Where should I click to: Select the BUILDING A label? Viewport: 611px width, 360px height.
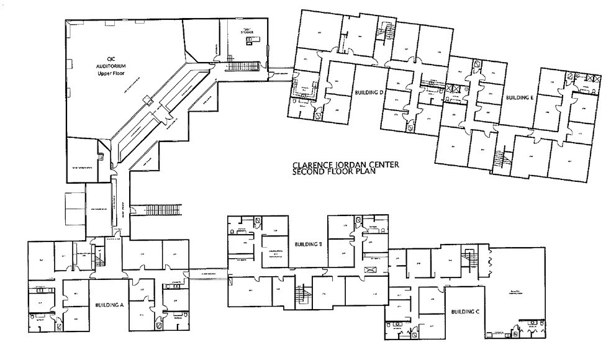[x=111, y=305]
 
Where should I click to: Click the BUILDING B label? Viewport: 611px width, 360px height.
[x=307, y=244]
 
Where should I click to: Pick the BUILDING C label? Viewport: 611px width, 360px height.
[x=464, y=312]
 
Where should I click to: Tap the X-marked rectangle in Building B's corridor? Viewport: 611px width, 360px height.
[x=371, y=269]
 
